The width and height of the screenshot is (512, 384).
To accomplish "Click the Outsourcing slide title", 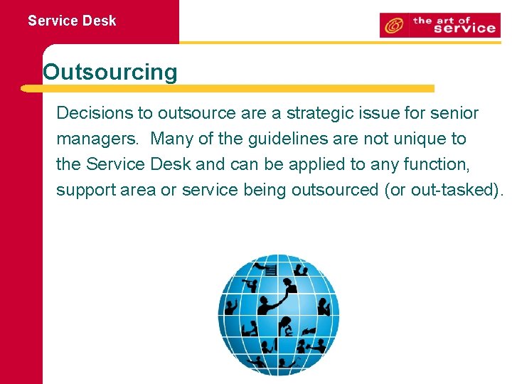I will (x=110, y=72).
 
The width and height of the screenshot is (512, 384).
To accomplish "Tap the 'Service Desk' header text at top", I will (x=72, y=21).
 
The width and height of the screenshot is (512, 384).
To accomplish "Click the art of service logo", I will (x=438, y=25).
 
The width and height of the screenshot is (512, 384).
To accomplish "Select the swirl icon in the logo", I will (x=393, y=26).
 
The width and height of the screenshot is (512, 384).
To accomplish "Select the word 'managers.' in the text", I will (x=99, y=139).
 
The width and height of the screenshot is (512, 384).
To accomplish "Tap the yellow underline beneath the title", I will (x=228, y=89).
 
